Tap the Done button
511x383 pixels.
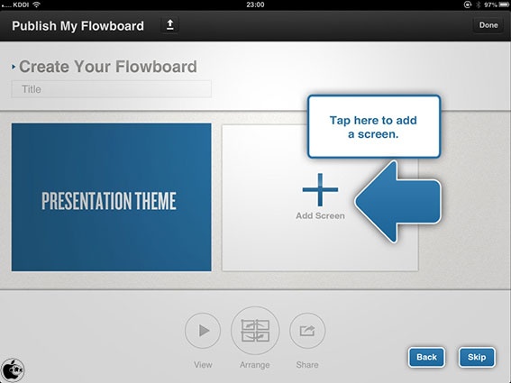[x=488, y=25]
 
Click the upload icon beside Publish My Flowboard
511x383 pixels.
[x=169, y=24]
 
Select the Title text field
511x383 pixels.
[x=112, y=89]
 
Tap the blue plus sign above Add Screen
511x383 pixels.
[x=320, y=189]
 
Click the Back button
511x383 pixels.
[x=426, y=357]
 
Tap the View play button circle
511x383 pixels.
[x=203, y=331]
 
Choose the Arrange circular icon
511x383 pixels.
[x=255, y=331]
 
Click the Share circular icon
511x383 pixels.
[x=307, y=331]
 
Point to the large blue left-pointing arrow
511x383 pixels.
[x=398, y=202]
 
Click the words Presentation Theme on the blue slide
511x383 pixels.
[x=109, y=201]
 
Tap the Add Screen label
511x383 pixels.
[x=320, y=215]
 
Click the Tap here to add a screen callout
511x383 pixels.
[x=374, y=127]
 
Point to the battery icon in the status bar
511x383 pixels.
[x=503, y=5]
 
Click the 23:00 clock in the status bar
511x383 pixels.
[x=255, y=5]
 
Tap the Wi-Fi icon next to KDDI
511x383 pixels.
[x=36, y=5]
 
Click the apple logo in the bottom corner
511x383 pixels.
[x=13, y=370]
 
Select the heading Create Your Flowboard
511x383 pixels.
[x=108, y=67]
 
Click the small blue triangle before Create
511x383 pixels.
[x=14, y=67]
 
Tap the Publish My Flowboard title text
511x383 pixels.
[x=78, y=26]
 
